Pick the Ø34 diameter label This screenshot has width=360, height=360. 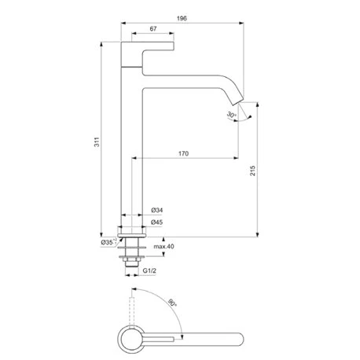click(156, 211)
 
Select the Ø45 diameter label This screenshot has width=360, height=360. click(156, 222)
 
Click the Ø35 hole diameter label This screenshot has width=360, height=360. click(108, 243)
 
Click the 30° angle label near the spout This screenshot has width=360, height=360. click(231, 115)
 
